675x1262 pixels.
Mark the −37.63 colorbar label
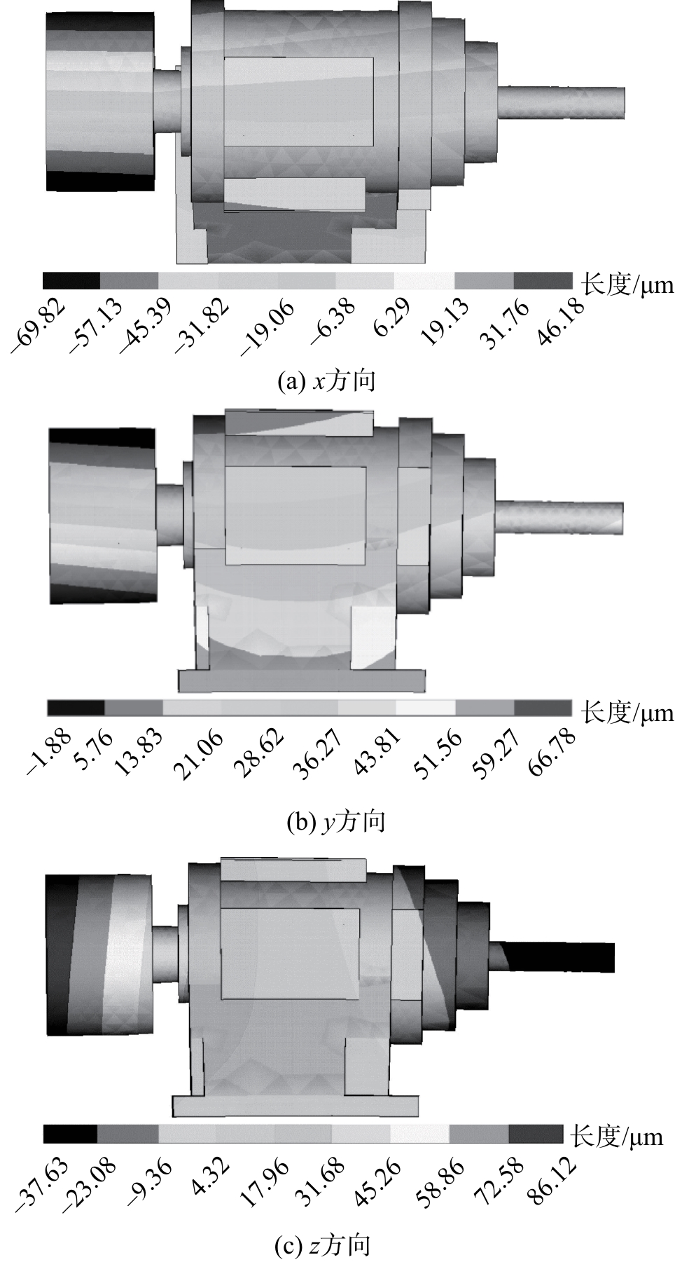42,1184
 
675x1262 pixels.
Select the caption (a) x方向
327,381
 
